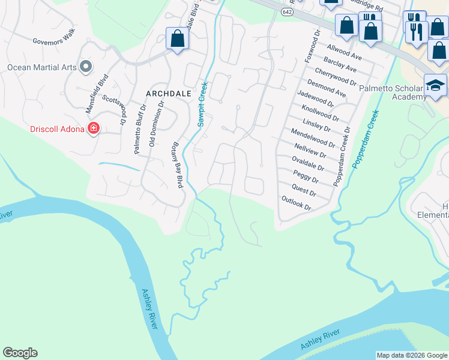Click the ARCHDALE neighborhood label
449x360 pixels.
click(x=168, y=94)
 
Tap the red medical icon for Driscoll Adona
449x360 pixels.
click(x=93, y=128)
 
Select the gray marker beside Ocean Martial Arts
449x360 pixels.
click(x=86, y=67)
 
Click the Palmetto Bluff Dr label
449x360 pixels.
click(x=140, y=130)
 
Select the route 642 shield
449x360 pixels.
click(x=286, y=12)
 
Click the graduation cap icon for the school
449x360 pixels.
click(x=435, y=86)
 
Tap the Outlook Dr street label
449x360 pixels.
click(x=297, y=203)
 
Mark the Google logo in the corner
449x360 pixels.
click(x=20, y=353)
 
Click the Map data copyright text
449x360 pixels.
click(x=412, y=355)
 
